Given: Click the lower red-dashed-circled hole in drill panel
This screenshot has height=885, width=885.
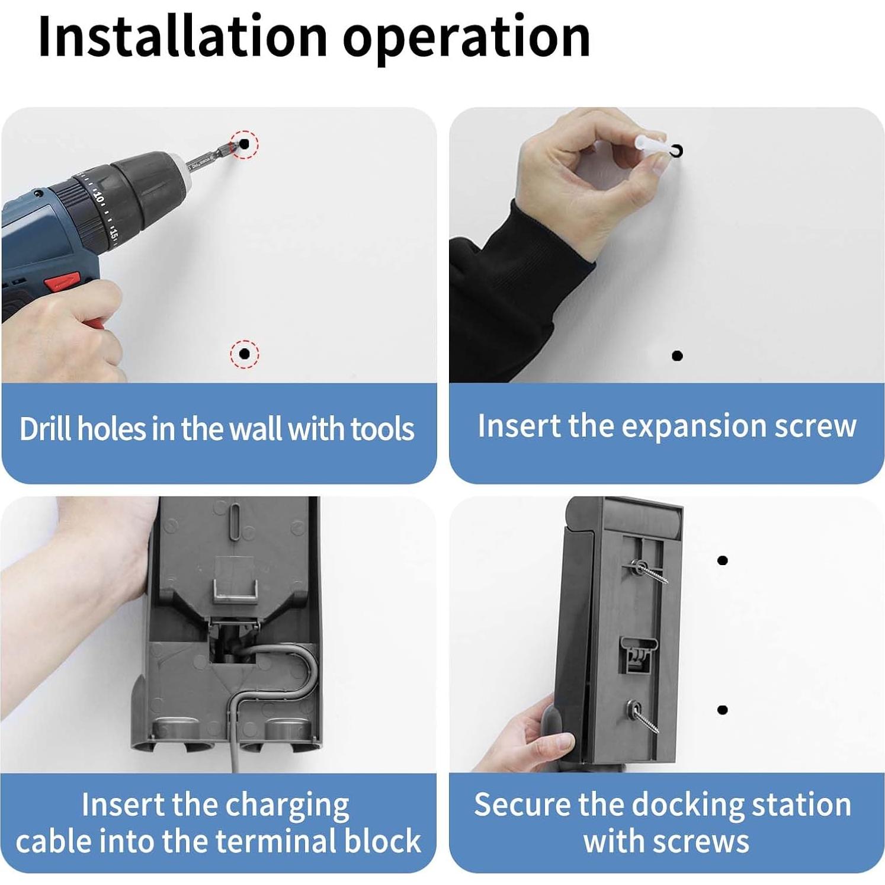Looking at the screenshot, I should pos(244,354).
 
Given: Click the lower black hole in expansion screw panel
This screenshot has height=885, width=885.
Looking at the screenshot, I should pos(677,355).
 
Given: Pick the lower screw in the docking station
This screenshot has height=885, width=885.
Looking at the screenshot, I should pos(642,714).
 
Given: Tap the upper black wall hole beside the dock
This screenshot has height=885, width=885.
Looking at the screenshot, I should pos(722,560).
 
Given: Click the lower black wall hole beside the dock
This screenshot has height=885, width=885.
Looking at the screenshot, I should pos(722,710).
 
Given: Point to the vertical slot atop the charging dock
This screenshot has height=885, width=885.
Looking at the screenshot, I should pos(234,522).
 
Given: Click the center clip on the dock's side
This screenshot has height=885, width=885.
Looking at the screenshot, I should pos(638,654).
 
